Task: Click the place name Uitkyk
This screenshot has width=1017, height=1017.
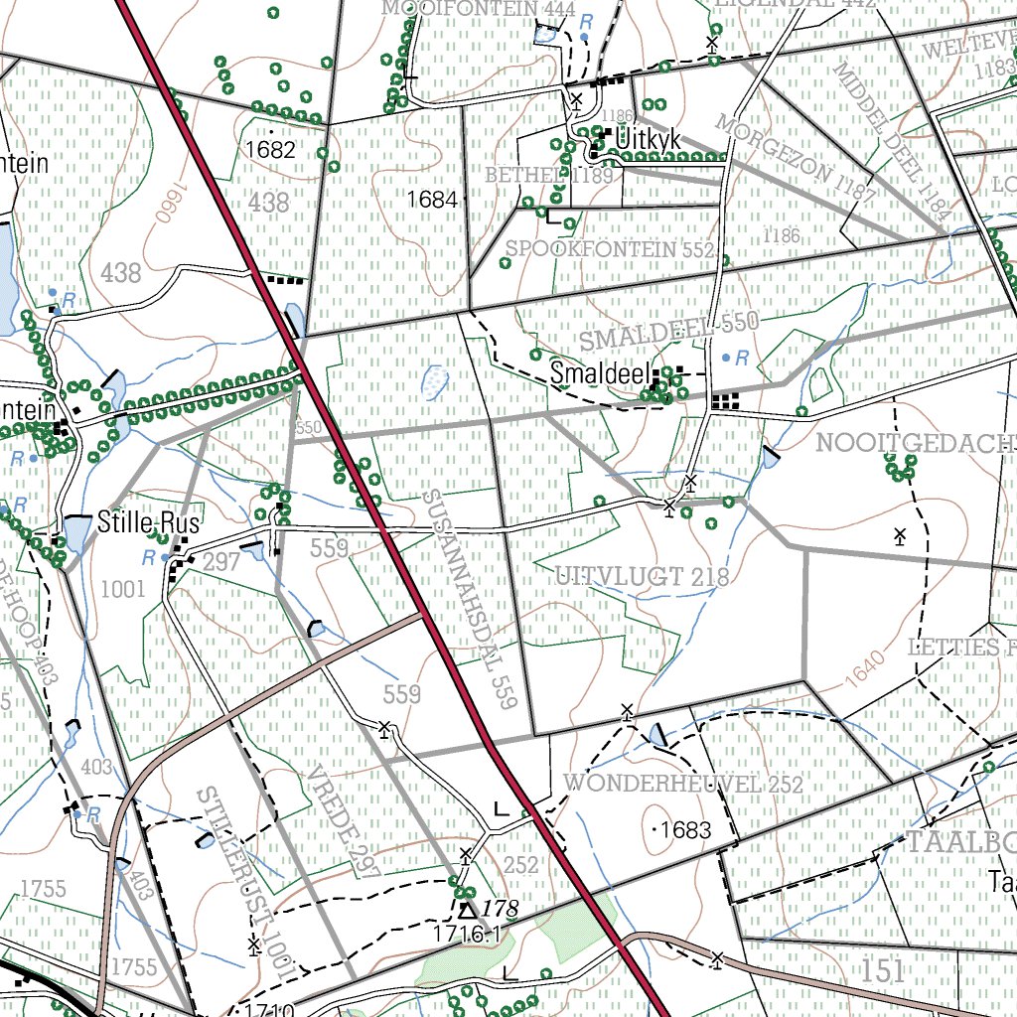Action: tap(649, 141)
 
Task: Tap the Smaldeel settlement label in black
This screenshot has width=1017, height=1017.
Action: tap(600, 374)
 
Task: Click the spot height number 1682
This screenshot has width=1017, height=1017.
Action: tap(270, 150)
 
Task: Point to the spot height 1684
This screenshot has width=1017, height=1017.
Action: tap(431, 200)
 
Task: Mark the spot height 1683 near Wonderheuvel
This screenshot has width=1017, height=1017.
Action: tap(686, 829)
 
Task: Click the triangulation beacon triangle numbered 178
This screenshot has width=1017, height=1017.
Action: tap(466, 908)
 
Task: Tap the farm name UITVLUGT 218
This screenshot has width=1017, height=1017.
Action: tap(642, 576)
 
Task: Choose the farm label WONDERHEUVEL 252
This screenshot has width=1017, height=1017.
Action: tap(683, 784)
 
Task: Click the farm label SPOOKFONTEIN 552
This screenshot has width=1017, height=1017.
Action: tap(610, 247)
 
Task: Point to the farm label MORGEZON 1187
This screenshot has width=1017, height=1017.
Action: tap(794, 160)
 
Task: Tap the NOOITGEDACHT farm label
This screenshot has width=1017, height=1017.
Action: tap(915, 443)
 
